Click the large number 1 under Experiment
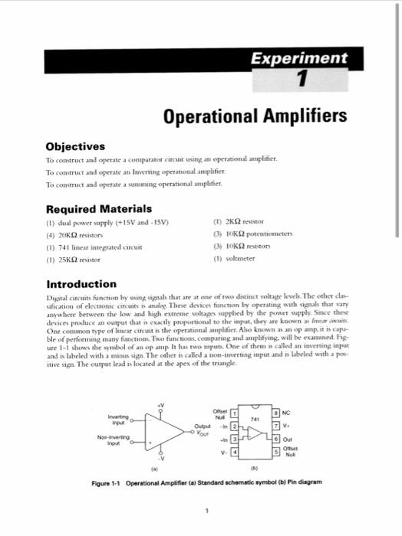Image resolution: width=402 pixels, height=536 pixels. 301,79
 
